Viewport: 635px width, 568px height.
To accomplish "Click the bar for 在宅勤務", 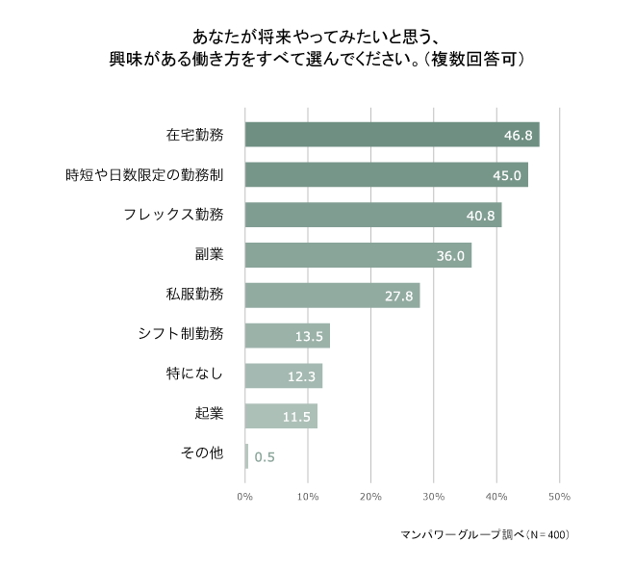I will (392, 135).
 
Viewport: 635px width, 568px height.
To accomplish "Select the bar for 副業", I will (358, 255).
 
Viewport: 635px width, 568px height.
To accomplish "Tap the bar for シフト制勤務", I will (287, 335).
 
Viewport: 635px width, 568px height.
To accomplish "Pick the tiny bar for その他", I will (246, 456).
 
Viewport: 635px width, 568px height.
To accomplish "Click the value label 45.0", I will (507, 175).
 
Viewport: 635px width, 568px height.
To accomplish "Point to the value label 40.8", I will (480, 216).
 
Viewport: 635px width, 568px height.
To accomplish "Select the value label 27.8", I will (398, 296).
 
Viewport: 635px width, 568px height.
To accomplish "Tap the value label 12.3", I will (301, 376).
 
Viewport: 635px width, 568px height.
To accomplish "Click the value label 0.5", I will (265, 457).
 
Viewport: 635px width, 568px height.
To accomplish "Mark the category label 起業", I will (209, 415).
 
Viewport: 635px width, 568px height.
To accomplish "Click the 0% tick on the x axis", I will (244, 497).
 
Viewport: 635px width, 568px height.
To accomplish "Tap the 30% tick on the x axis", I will (433, 497).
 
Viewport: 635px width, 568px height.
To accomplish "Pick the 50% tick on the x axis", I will (559, 497).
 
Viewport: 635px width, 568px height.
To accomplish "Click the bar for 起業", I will (281, 416).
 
